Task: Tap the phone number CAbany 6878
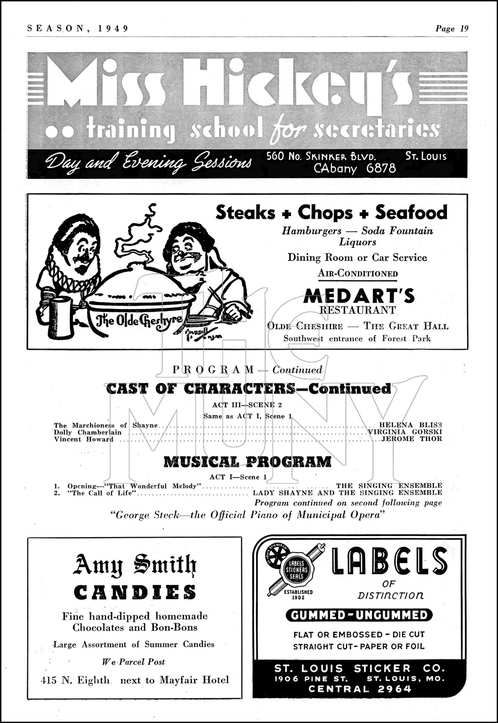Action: (x=355, y=168)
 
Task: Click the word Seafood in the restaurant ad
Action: (x=411, y=213)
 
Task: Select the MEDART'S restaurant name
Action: (x=359, y=296)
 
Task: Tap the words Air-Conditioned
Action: (x=358, y=274)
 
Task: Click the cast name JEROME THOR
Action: (x=411, y=439)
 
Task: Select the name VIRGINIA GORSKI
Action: (x=404, y=432)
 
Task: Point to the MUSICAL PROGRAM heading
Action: (x=248, y=462)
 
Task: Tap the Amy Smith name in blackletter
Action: (x=135, y=565)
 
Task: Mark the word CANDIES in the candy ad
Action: (x=135, y=592)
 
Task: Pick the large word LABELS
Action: (x=382, y=561)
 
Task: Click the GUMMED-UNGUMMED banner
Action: (x=359, y=615)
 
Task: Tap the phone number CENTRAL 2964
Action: (x=360, y=689)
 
